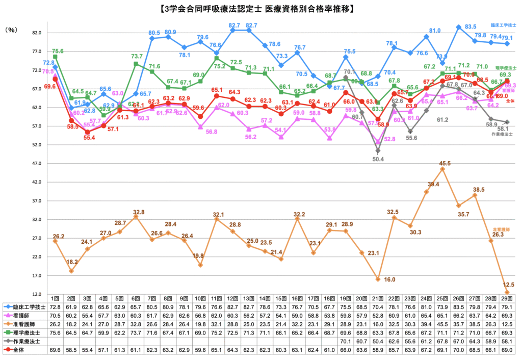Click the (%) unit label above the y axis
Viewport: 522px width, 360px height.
[11, 30]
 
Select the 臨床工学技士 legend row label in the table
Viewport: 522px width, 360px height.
[28, 307]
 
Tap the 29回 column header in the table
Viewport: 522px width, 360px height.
[507, 298]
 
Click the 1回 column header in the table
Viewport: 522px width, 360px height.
[55, 298]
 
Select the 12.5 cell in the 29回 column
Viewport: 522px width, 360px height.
[507, 324]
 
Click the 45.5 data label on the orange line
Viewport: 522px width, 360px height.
[445, 163]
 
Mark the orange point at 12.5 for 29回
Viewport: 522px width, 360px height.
[507, 292]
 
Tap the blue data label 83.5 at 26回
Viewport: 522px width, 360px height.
[471, 27]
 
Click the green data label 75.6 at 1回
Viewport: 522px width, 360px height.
[58, 51]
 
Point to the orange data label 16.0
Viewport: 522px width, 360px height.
[389, 279]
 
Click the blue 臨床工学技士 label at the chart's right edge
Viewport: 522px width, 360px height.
[503, 24]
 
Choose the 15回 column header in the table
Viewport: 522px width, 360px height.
[280, 298]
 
